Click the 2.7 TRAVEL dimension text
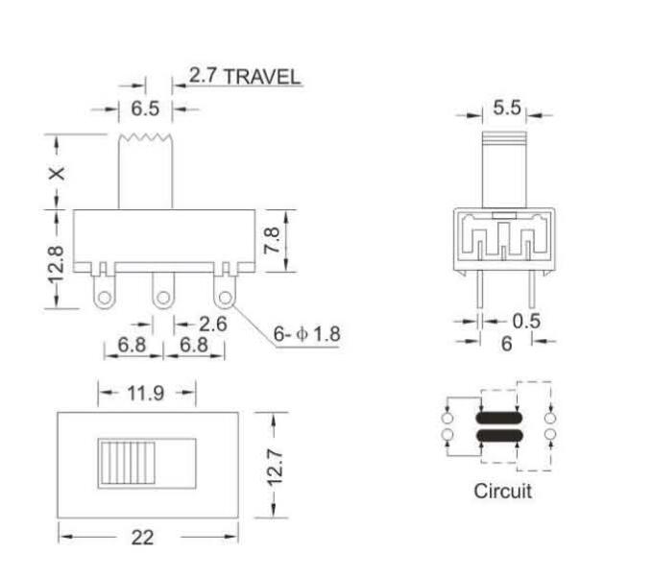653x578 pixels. pos(244,77)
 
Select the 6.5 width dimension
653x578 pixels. pos(145,109)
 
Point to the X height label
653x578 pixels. pos(58,173)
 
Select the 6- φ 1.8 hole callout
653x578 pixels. pos(306,334)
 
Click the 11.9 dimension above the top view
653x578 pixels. pos(145,393)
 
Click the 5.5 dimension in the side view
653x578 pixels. pos(506,108)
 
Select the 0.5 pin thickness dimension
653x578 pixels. pos(525,321)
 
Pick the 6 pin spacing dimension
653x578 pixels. pos(506,343)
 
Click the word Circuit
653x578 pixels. pos(502,491)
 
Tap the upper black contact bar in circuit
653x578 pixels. pos(498,419)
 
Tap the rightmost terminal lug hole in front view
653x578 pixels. pos(225,298)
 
